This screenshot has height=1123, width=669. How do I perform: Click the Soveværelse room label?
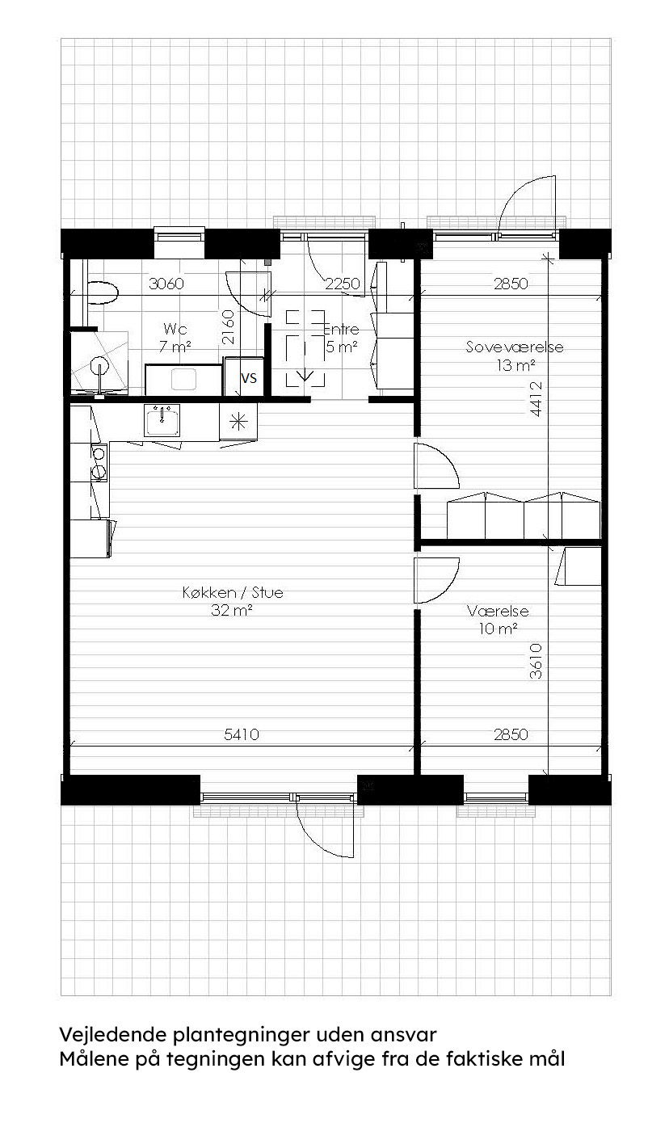(x=514, y=347)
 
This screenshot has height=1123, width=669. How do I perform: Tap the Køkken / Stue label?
(x=233, y=592)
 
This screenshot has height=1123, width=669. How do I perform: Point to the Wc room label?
(x=175, y=330)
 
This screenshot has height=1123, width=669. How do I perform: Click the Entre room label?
(x=340, y=330)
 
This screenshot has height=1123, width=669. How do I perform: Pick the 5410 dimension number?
(x=241, y=734)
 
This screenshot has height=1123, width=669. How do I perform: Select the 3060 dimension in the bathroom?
(x=166, y=284)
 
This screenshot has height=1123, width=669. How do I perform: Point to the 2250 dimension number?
(x=343, y=284)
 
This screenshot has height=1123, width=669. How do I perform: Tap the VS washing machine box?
(x=249, y=377)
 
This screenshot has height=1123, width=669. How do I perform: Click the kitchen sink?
(x=164, y=420)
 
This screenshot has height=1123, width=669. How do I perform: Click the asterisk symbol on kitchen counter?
(x=238, y=420)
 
